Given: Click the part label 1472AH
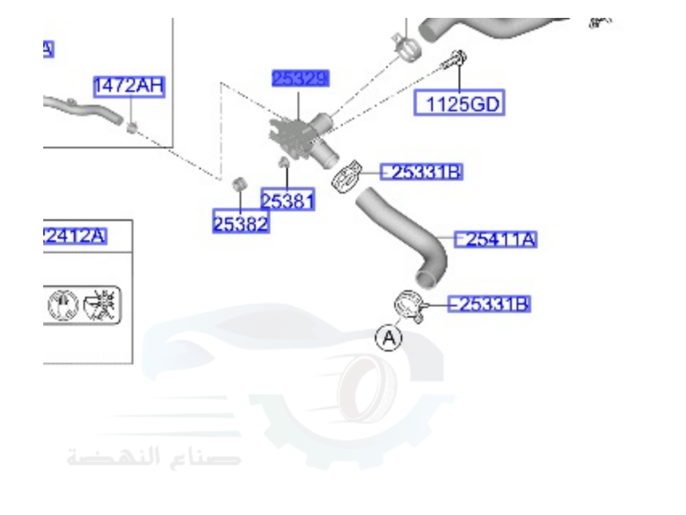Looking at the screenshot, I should tap(129, 87).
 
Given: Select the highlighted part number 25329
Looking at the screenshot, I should tap(300, 78).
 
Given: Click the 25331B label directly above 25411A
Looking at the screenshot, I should tap(421, 172).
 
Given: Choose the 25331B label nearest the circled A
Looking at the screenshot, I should tap(488, 304).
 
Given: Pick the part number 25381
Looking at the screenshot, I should tap(287, 201).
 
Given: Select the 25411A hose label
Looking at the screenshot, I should tap(495, 239).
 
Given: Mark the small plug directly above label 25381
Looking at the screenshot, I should tap(281, 163).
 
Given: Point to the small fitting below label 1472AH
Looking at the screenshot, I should tap(133, 126).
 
